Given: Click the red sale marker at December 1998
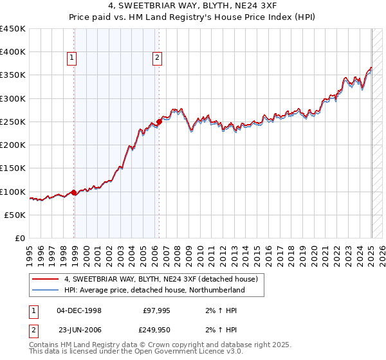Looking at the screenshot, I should point(74,192).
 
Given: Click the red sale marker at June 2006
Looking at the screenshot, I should point(160,121).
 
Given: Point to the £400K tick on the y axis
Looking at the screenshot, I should point(13,52).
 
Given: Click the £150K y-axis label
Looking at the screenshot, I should point(13,168).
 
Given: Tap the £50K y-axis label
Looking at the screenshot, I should point(15,215).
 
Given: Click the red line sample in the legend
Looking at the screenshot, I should point(46,279).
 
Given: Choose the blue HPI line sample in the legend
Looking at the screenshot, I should point(46,290).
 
